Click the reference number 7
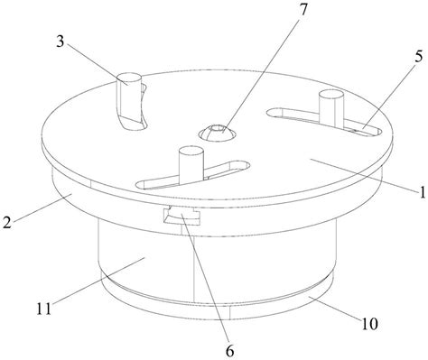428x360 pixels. pyautogui.click(x=303, y=10)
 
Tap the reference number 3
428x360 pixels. pyautogui.click(x=60, y=42)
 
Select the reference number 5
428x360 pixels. pyautogui.click(x=419, y=57)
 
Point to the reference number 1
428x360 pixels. pyautogui.click(x=423, y=192)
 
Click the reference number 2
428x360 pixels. pyautogui.click(x=7, y=222)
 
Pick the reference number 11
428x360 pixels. pyautogui.click(x=44, y=309)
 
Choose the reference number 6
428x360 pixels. pyautogui.click(x=229, y=351)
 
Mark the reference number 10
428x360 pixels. pyautogui.click(x=369, y=324)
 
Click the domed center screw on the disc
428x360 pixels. pyautogui.click(x=217, y=133)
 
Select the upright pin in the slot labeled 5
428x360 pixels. pyautogui.click(x=331, y=107)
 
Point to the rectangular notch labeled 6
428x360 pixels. pyautogui.click(x=181, y=217)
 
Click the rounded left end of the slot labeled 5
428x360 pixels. pyautogui.click(x=272, y=113)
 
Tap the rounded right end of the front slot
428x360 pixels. pyautogui.click(x=244, y=165)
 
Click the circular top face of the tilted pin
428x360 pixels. pyautogui.click(x=129, y=78)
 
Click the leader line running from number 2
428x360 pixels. pyautogui.click(x=42, y=208)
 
